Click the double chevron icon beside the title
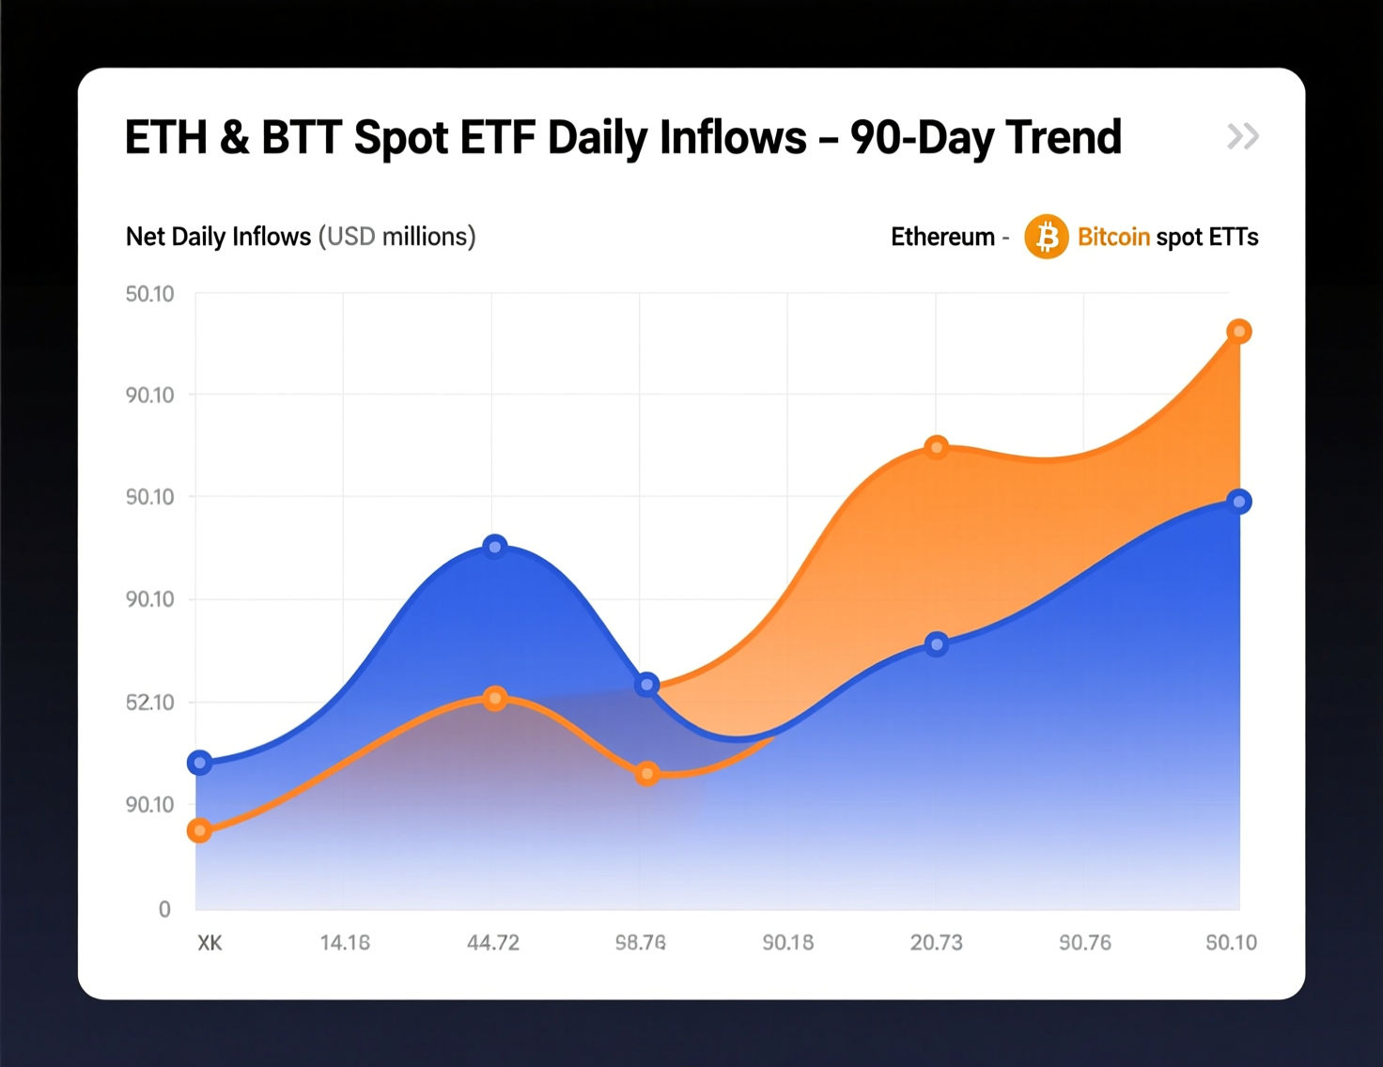click(x=1242, y=137)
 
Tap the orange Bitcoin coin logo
click(x=1046, y=237)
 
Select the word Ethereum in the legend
click(x=942, y=237)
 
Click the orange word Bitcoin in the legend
click(x=1113, y=237)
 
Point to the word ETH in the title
click(x=165, y=138)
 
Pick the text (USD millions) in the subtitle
click(x=396, y=237)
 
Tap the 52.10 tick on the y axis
click(x=150, y=703)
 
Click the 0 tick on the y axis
click(x=164, y=908)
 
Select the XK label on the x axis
click(x=210, y=942)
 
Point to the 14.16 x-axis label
click(x=345, y=942)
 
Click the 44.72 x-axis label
click(x=493, y=942)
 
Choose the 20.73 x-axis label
click(x=936, y=942)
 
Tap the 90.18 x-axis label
click(x=788, y=942)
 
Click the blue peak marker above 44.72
click(x=495, y=547)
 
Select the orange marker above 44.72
click(x=495, y=699)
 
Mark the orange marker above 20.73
click(x=936, y=447)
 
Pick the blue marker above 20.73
click(x=936, y=644)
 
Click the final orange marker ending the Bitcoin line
click(x=1239, y=332)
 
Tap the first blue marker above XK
click(x=199, y=763)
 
